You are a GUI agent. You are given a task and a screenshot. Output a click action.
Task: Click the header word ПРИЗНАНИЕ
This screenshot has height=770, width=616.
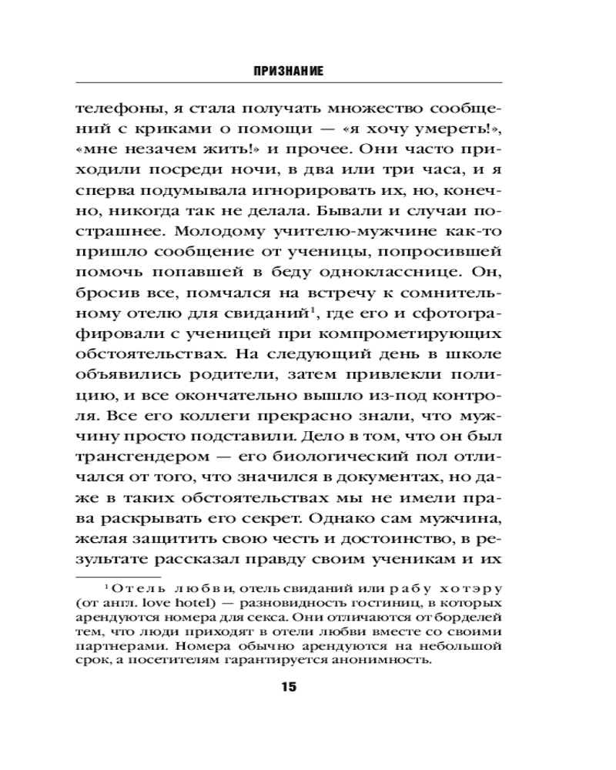[x=288, y=71]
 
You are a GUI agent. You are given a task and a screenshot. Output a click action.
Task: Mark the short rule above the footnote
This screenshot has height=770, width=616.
[x=118, y=576]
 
